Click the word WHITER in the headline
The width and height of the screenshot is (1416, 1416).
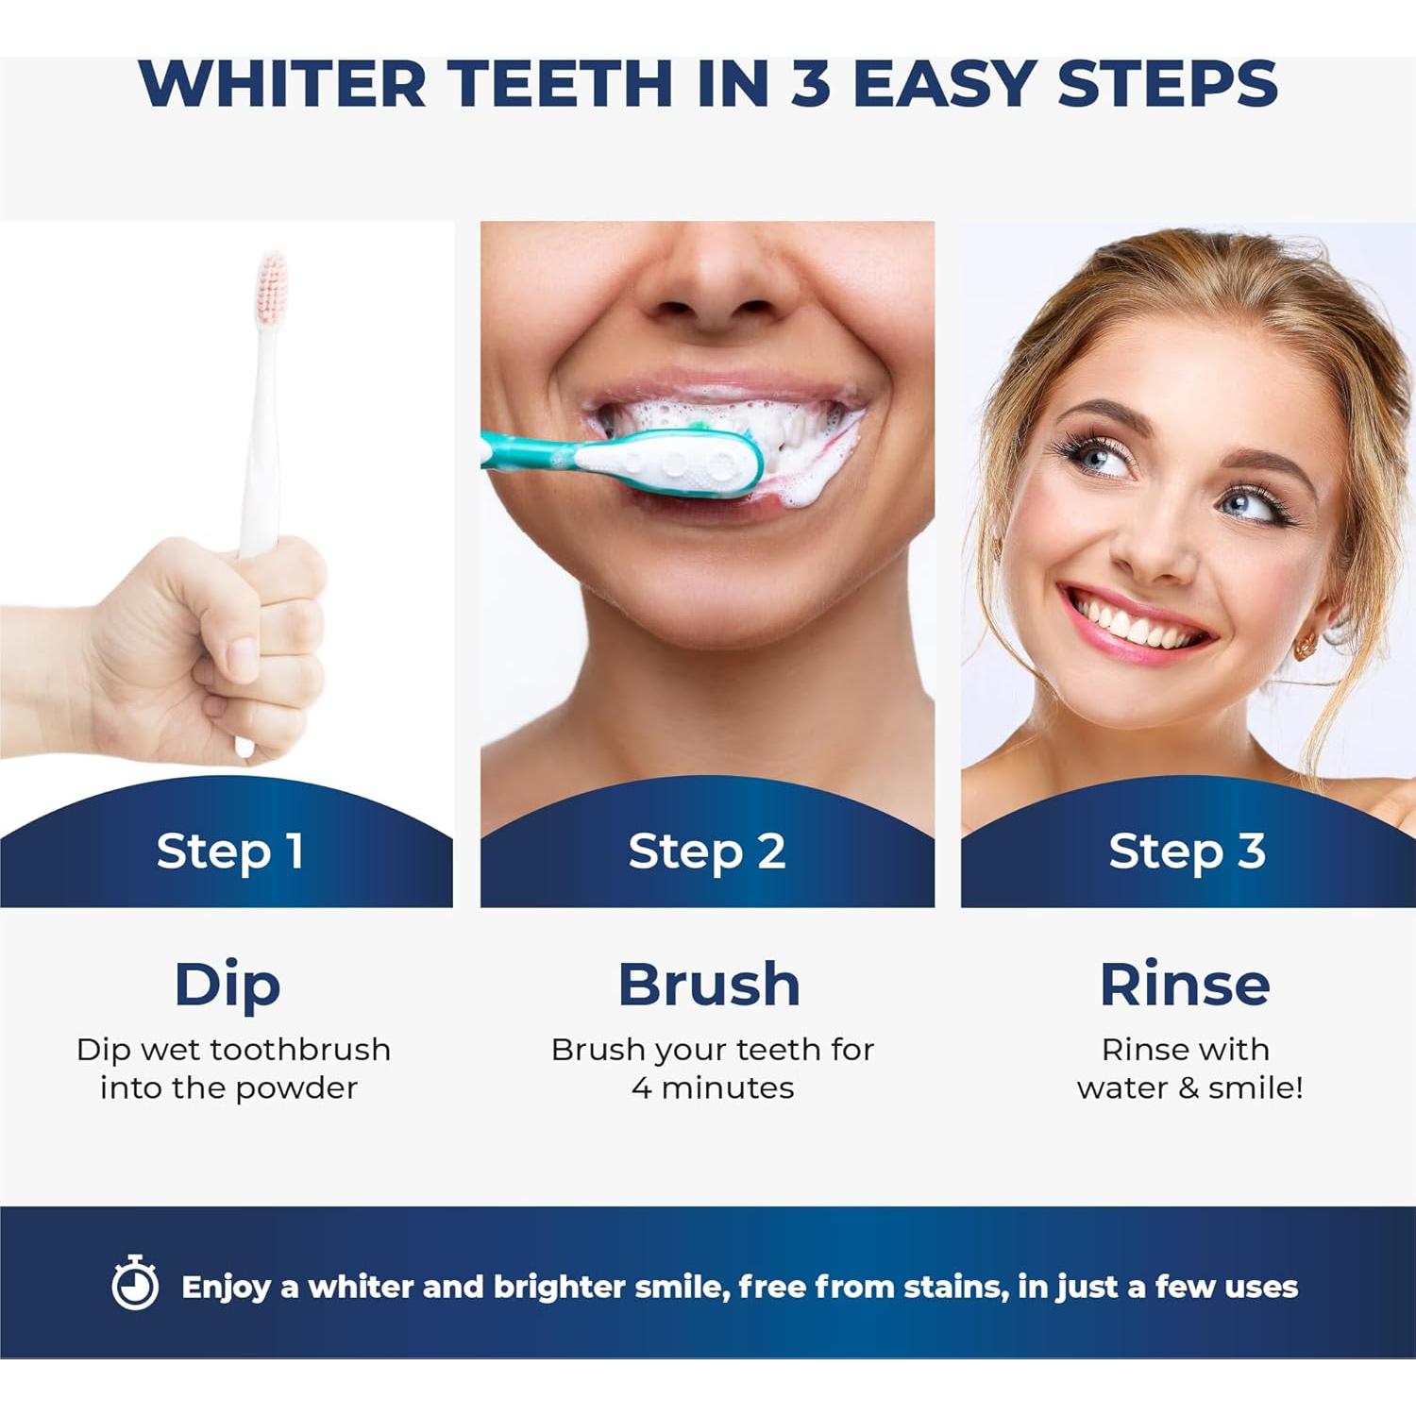(282, 84)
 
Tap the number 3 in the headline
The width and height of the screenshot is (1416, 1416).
(810, 84)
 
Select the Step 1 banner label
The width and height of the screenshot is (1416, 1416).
(229, 851)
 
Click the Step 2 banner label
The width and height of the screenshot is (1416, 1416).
(706, 851)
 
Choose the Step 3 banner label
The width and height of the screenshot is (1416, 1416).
(1187, 851)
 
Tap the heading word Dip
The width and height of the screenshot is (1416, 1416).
(228, 986)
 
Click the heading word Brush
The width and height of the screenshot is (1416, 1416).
(709, 986)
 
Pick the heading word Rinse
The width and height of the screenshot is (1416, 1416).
(1185, 986)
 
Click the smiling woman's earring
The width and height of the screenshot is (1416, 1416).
(1306, 647)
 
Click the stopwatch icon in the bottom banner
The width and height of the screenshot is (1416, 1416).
(135, 1284)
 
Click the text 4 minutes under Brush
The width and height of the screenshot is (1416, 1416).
(713, 1088)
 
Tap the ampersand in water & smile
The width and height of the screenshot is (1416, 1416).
(1188, 1088)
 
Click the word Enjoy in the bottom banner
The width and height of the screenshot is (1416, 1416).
(226, 1288)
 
